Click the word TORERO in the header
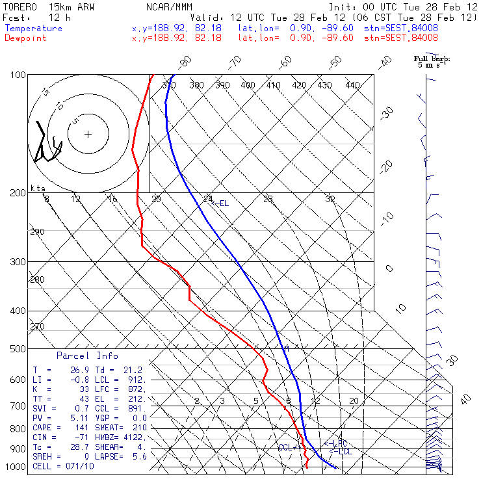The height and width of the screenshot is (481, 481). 20,6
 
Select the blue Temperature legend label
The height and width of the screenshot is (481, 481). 34,29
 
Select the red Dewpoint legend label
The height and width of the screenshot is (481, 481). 26,38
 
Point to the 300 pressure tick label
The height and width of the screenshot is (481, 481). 17,262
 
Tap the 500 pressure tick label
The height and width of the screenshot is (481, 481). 17,349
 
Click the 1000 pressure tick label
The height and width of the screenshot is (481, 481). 14,467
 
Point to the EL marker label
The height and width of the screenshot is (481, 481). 220,203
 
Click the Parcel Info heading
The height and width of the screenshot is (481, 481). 87,356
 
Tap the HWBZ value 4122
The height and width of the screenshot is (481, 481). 136,437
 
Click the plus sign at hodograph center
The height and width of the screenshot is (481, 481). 88,134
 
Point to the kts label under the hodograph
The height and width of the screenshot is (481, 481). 37,188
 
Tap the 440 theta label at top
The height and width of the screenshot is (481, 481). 352,85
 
